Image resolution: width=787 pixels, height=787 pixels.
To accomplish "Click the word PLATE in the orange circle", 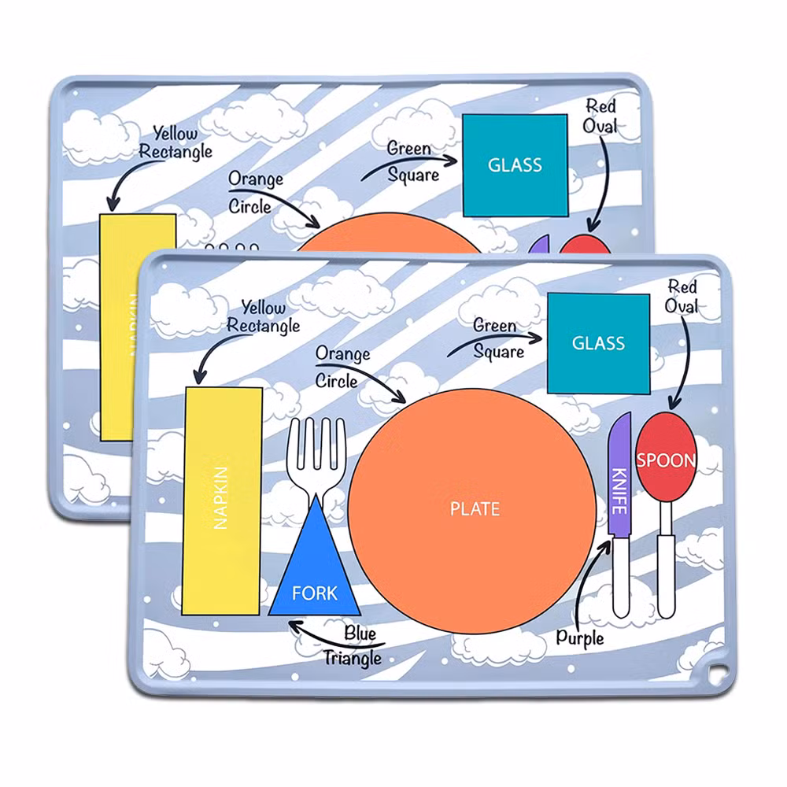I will click(475, 509).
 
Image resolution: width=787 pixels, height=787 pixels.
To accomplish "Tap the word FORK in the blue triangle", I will click(314, 593).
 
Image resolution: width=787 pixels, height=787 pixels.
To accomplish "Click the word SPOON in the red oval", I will click(666, 460).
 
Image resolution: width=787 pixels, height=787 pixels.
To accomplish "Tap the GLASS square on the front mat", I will click(598, 343).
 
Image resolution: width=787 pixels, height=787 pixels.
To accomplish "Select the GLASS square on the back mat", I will click(515, 165).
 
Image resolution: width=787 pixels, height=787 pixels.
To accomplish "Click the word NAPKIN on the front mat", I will click(221, 497).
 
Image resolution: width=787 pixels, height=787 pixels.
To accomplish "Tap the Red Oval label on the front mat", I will click(682, 297).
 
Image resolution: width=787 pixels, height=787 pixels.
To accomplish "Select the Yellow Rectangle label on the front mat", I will click(262, 316).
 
